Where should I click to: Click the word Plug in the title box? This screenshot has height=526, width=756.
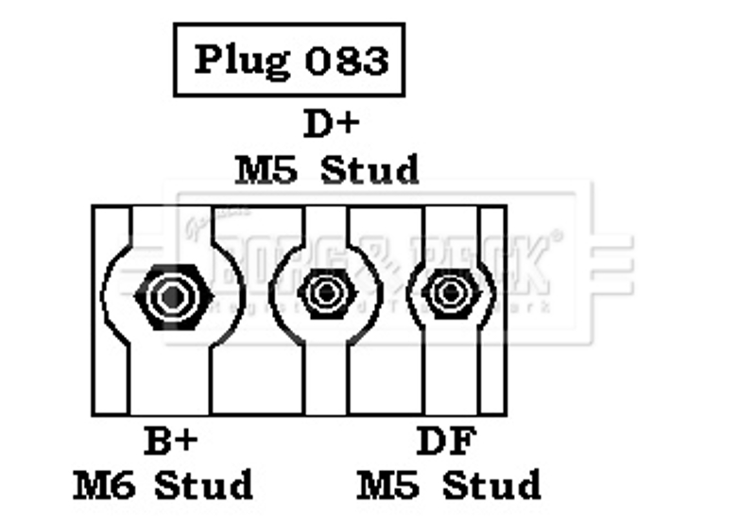tap(242, 61)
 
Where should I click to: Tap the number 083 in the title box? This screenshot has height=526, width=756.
tap(347, 61)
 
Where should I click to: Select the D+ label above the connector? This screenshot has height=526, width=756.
tap(331, 124)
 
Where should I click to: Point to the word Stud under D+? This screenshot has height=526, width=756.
tap(369, 170)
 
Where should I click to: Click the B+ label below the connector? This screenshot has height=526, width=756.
tap(171, 441)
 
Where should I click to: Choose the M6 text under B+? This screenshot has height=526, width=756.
tap(107, 485)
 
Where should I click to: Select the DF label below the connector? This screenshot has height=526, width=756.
tap(447, 441)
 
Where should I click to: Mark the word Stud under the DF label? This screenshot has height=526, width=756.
tap(492, 485)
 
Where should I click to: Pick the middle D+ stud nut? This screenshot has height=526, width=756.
tap(325, 290)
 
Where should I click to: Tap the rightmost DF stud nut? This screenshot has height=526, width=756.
tap(445, 291)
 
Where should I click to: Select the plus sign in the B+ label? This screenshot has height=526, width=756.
tap(187, 442)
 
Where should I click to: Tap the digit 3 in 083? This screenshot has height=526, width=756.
tap(374, 61)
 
